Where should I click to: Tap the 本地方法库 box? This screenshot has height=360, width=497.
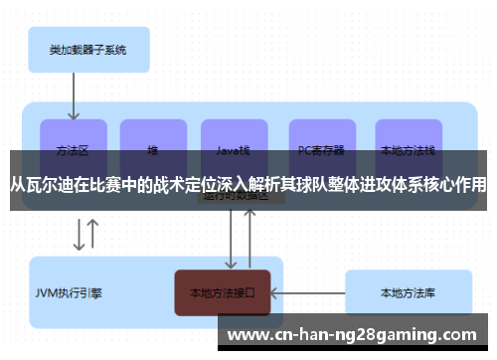408,293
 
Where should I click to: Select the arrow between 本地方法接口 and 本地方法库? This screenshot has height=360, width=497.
307,293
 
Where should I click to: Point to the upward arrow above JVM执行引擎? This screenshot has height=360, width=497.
92,234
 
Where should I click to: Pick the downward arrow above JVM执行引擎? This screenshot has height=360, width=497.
78,234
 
